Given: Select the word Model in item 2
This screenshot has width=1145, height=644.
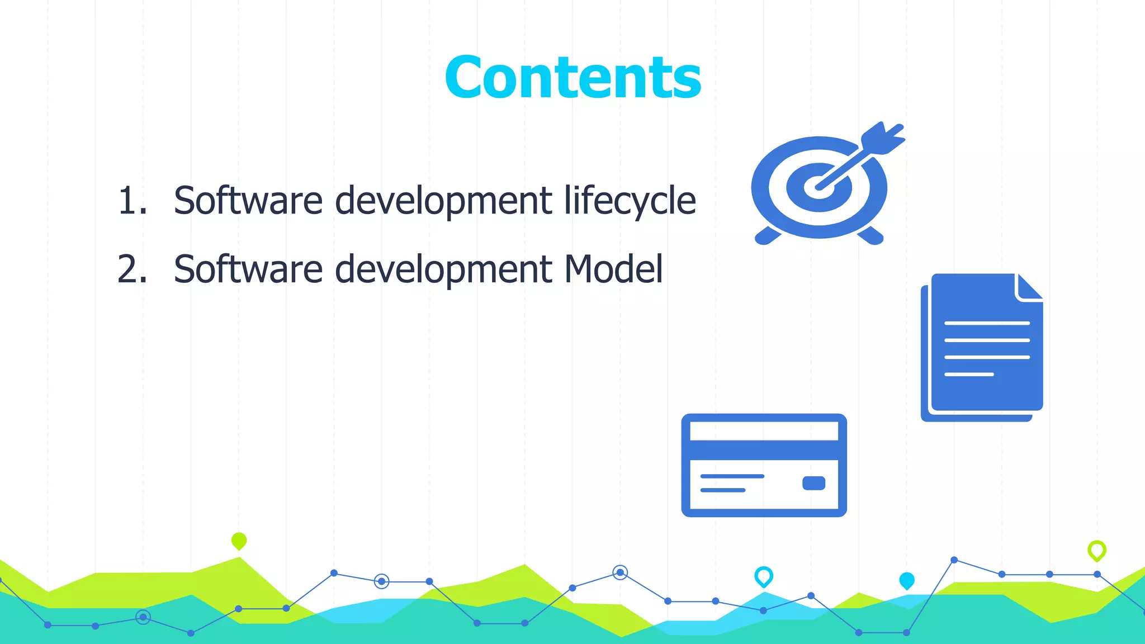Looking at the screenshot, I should pos(613,269).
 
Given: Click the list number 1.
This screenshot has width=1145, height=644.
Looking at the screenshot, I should pos(132,200).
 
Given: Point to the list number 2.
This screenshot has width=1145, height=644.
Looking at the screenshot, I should pos(132,269).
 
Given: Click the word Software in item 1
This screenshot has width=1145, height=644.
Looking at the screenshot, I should pos(248,200).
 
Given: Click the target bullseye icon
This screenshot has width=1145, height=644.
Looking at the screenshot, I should pos(819,187).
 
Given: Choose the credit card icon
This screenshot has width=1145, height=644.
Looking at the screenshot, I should pos(764,465).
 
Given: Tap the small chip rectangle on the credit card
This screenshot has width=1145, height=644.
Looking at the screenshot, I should pos(813,483).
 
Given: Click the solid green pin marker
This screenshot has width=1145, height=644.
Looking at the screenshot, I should pos(239,541).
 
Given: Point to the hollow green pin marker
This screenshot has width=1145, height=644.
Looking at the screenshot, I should pos(1097,550).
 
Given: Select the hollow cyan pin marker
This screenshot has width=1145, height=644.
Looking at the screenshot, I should pos(764,576).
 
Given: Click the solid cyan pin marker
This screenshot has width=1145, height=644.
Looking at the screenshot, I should pos(907,580).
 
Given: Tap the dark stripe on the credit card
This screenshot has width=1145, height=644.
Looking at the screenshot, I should pos(764,450).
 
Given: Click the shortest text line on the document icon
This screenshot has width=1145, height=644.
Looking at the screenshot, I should pos(969,374).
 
